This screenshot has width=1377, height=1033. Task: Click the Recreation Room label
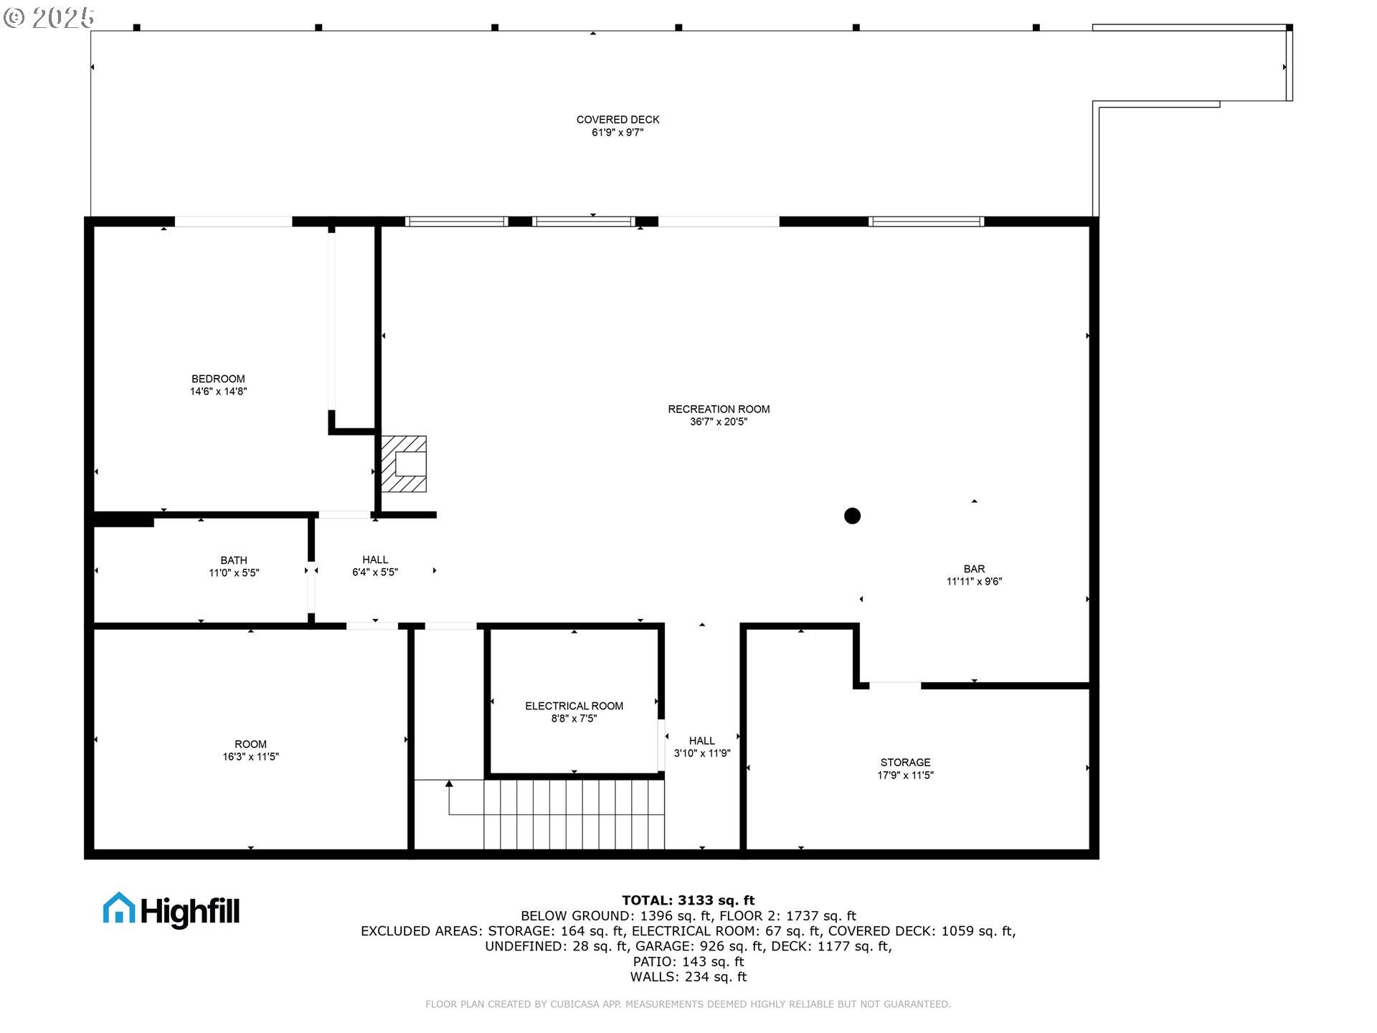pos(719,409)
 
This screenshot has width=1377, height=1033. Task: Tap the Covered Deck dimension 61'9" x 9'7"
pos(617,133)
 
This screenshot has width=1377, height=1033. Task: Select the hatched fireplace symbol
pos(404,464)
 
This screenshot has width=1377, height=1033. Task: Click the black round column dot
pos(852,516)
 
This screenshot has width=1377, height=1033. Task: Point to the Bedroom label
pos(218,379)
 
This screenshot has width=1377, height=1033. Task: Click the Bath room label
pos(234,560)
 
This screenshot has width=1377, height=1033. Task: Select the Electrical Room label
pos(574,706)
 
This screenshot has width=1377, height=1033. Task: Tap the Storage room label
pos(905,763)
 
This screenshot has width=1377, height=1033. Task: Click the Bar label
pos(974,569)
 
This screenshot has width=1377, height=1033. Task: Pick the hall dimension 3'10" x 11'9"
pos(701,753)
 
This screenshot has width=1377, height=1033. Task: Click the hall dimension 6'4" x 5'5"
pos(374,572)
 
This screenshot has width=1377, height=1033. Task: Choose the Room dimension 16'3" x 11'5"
pos(250,757)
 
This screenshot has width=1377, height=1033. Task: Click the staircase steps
pos(574,814)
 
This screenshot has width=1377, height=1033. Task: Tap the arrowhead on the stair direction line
pos(449,784)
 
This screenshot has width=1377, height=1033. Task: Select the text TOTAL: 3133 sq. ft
pos(688,900)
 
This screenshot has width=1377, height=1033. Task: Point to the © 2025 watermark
pos(49,17)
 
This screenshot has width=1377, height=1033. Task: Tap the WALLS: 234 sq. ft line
pos(688,977)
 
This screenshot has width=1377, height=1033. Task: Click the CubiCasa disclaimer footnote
pos(688,1004)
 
